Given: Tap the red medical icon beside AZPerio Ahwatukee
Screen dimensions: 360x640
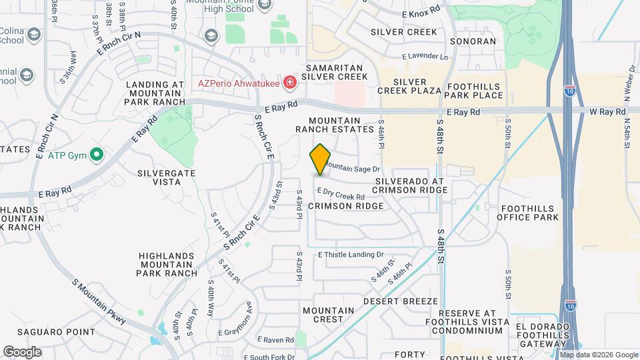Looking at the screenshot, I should tap(289, 83).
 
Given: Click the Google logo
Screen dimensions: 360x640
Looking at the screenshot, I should tap(22, 352).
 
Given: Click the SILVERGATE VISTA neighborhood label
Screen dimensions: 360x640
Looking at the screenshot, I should tap(159, 176).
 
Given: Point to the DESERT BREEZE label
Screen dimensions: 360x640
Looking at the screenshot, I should tap(401, 301).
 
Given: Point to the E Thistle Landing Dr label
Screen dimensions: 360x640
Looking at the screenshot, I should tap(351, 255).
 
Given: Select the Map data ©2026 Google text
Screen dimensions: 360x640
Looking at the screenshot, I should tap(599, 354).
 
